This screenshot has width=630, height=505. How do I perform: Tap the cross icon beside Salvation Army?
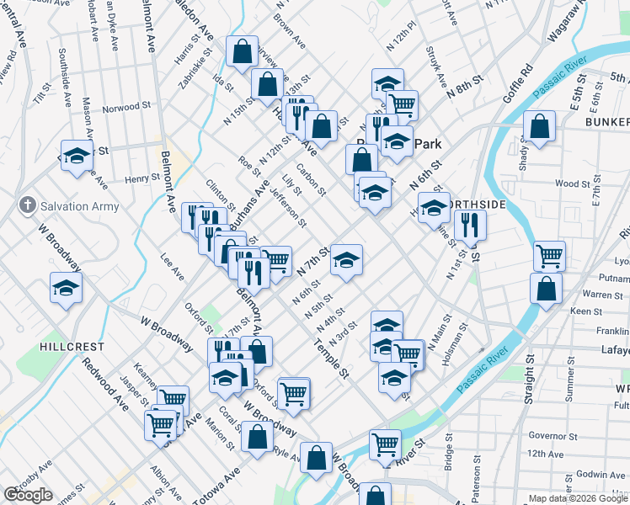point(27,205)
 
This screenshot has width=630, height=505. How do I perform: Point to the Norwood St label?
point(126,109)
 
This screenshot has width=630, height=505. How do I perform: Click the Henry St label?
point(141,178)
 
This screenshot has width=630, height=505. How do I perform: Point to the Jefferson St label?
point(287,207)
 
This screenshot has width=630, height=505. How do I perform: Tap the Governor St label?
point(553,436)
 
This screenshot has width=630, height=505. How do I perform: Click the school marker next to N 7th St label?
point(346,258)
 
